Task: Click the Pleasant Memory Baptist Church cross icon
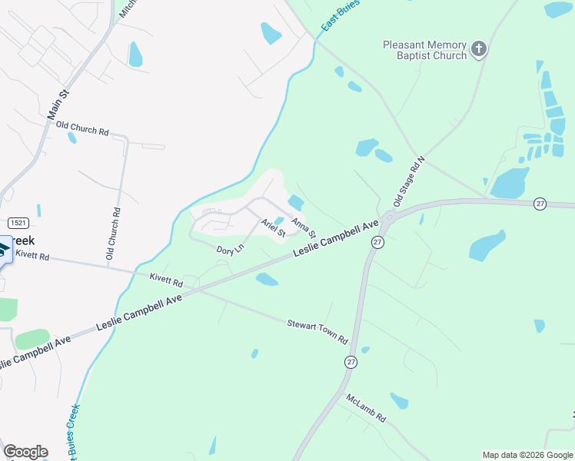coord(478,49)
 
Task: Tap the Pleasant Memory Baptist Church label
coord(425,50)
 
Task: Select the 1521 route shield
coord(19,222)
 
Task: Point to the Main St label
coord(58,104)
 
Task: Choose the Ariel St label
coord(273,227)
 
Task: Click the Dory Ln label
coord(230,249)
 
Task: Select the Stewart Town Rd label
coord(317,332)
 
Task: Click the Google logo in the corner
coord(25,452)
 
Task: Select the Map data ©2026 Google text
coord(527,455)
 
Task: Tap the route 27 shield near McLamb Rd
coord(351,362)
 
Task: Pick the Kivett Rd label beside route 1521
coord(32,255)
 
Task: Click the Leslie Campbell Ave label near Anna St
coord(336,239)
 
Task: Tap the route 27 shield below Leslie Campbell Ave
coord(377,241)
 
